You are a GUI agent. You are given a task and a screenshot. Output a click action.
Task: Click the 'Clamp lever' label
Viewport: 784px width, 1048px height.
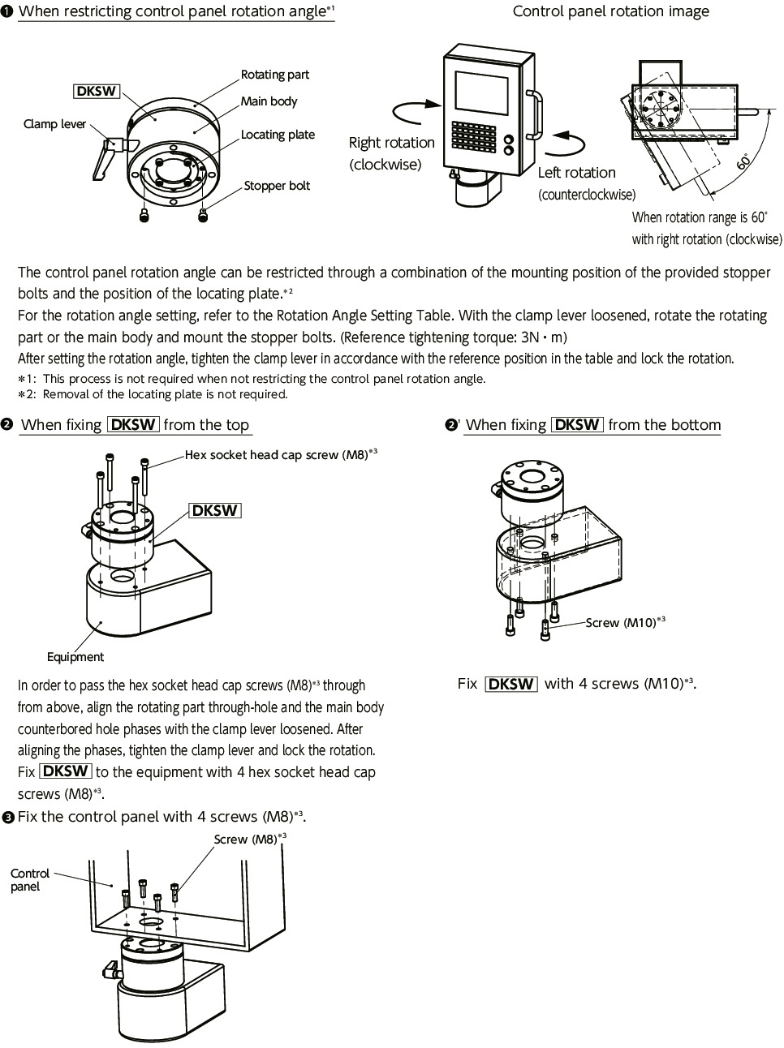pyautogui.click(x=54, y=124)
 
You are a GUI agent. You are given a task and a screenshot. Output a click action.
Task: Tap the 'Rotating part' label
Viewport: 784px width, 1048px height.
pyautogui.click(x=274, y=75)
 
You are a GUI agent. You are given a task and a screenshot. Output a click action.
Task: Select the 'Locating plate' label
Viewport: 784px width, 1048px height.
pyautogui.click(x=278, y=135)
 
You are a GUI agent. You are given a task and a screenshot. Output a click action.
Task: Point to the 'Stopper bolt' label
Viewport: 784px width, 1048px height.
pyautogui.click(x=277, y=186)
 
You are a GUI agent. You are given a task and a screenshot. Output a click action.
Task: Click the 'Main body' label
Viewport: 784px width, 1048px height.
pyautogui.click(x=269, y=101)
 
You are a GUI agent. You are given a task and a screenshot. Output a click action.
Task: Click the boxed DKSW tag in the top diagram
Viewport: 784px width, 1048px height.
pyautogui.click(x=97, y=91)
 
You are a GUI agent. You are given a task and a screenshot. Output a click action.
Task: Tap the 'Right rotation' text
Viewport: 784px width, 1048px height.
pyautogui.click(x=391, y=143)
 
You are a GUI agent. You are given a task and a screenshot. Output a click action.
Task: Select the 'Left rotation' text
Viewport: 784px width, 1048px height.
pyautogui.click(x=576, y=173)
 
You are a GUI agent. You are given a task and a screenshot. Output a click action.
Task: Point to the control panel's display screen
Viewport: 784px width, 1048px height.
pyautogui.click(x=481, y=94)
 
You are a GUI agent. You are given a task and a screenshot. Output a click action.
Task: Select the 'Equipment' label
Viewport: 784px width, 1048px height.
pyautogui.click(x=75, y=657)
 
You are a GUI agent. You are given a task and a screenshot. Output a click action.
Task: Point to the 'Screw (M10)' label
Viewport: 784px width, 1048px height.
pyautogui.click(x=621, y=623)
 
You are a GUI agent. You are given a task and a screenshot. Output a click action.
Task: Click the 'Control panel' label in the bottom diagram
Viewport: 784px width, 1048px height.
pyautogui.click(x=30, y=880)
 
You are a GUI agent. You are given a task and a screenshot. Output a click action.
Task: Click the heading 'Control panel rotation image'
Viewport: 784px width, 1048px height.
pyautogui.click(x=610, y=11)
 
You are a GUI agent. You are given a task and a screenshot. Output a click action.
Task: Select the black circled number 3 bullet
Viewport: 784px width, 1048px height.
pyautogui.click(x=8, y=818)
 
